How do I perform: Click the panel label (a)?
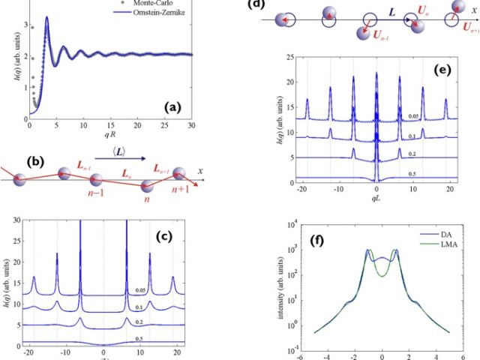click(179, 109)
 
